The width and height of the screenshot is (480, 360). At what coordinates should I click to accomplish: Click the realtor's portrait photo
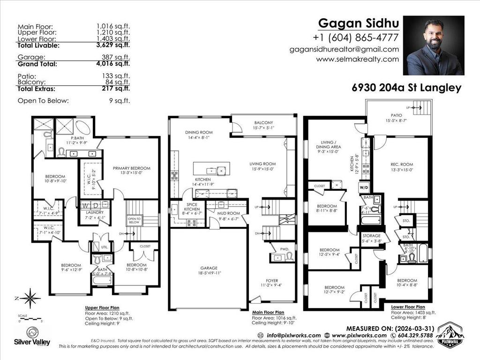434,45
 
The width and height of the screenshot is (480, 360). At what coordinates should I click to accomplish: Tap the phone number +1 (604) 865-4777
356,37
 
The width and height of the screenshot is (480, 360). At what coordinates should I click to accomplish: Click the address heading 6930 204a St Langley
406,88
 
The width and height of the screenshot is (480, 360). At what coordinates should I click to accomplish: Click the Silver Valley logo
32,335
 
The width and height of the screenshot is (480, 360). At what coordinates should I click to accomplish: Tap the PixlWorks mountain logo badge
449,335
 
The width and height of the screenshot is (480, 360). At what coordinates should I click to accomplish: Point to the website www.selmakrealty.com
358,59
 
